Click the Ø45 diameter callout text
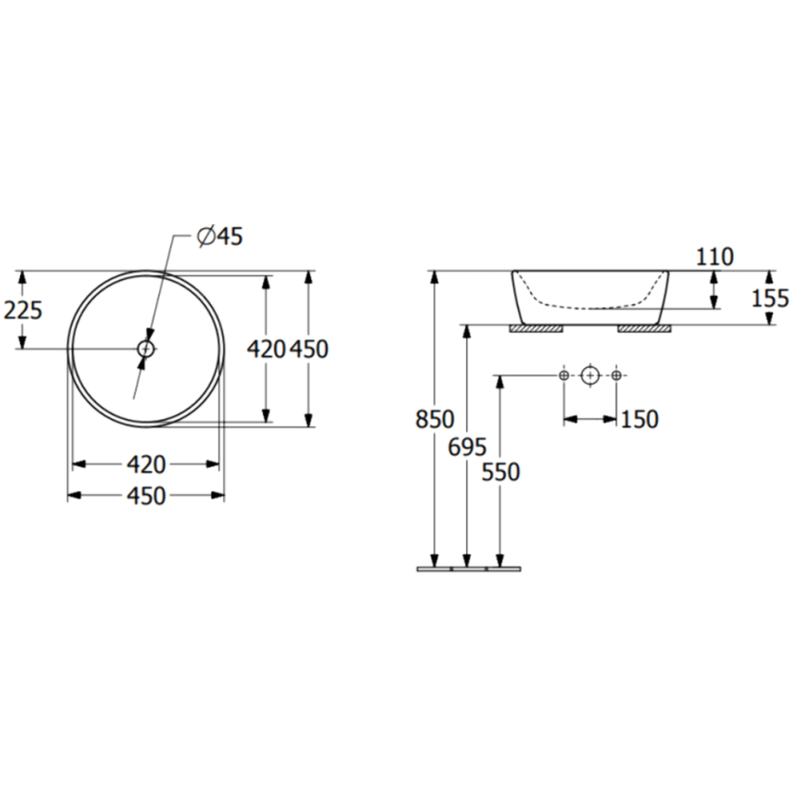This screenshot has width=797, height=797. coord(220,237)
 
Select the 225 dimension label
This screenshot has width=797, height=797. coord(23,310)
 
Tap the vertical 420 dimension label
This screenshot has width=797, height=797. coord(267,349)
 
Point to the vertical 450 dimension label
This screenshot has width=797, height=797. coord(309,349)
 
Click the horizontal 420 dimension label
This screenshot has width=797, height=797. coord(146,465)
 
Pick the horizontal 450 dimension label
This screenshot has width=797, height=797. coord(146,495)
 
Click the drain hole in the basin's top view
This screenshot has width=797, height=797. coord(146,349)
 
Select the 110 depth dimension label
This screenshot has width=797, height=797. coord(714,257)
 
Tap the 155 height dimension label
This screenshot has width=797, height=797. coord(770,298)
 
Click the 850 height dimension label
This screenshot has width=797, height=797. coord(435,419)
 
